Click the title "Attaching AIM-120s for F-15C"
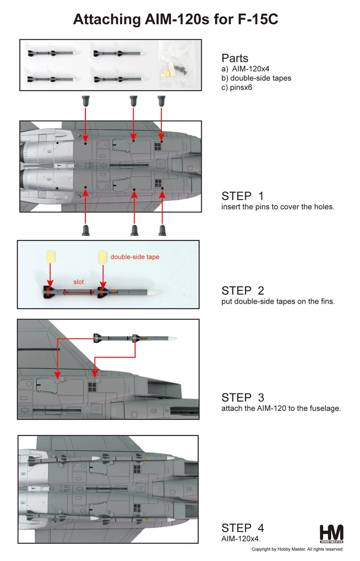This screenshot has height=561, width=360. click(175, 20)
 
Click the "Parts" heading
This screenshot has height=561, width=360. click(235, 58)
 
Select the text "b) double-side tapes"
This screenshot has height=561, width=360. click(256, 78)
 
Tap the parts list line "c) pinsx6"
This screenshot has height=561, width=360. click(237, 87)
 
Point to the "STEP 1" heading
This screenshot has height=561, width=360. click(242, 196)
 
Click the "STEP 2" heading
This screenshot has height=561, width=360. click(243, 290)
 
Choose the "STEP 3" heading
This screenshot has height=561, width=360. click(243, 397)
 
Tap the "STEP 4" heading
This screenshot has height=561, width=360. click(243, 528)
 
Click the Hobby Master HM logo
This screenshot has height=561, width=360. click(331, 534)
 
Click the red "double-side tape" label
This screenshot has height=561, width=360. click(135, 257)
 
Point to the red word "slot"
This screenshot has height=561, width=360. click(79, 282)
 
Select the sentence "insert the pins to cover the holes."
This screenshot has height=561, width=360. click(278, 207)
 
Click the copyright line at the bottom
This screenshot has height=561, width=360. click(297, 549)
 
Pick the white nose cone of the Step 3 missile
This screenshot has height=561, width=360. click(172, 338)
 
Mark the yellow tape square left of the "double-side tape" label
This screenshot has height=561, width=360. click(103, 257)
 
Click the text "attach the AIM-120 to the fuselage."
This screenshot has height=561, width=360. click(281, 408)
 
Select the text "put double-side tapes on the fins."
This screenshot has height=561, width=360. click(278, 301)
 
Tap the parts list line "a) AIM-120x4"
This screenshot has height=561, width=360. click(245, 68)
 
